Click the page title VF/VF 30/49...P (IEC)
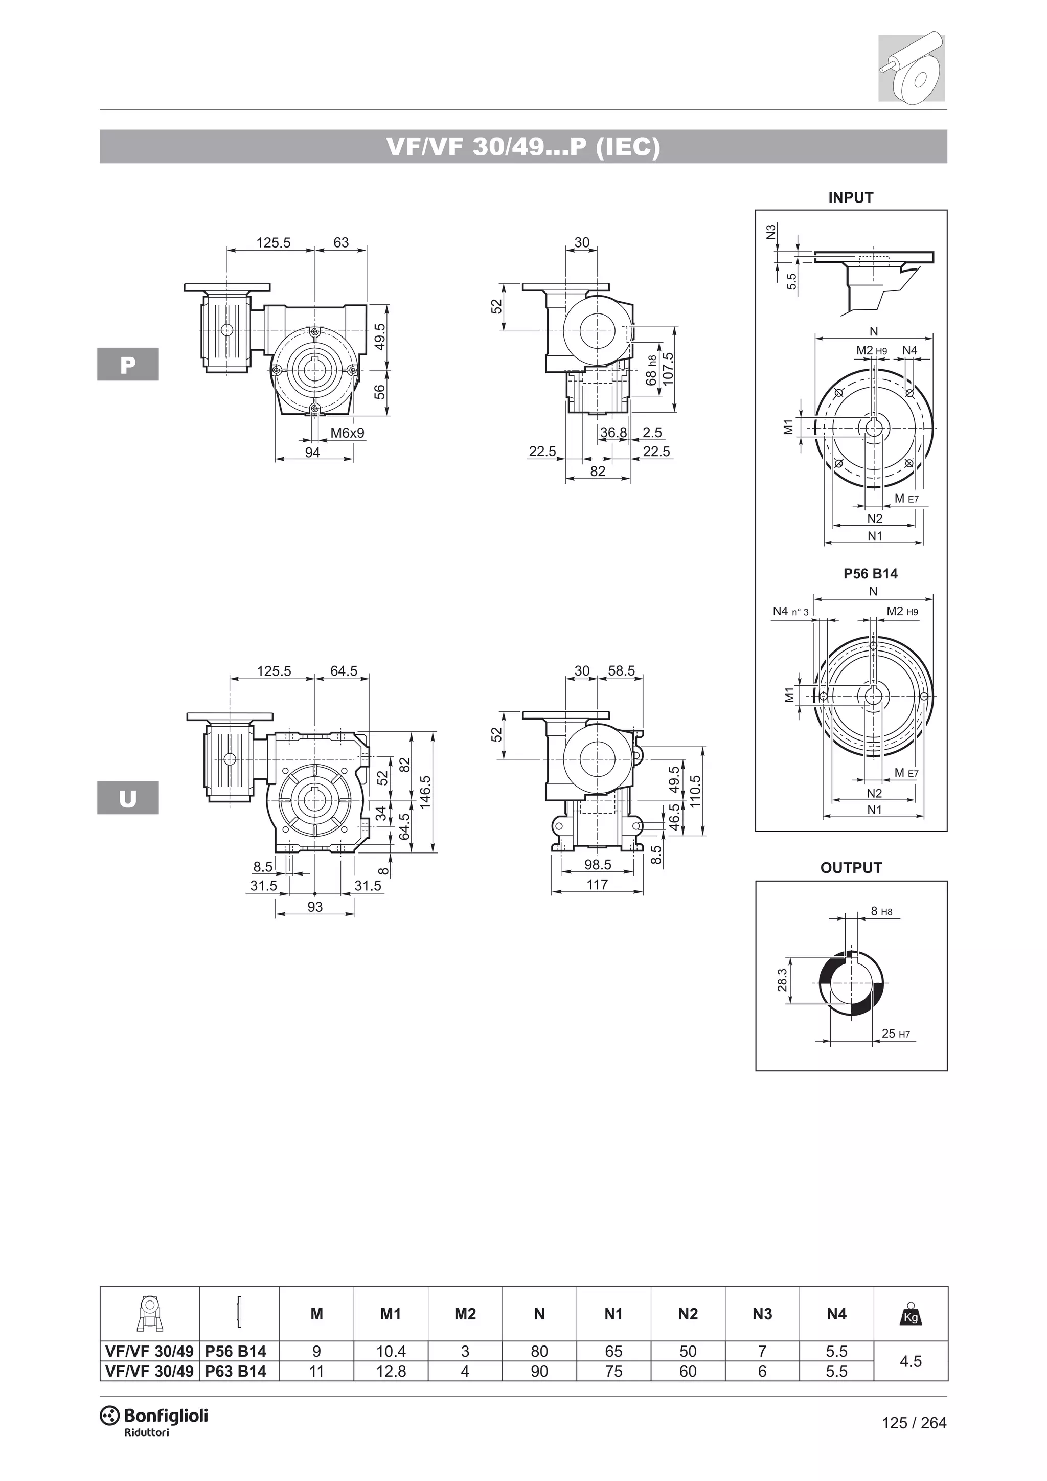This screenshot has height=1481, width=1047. pos(523,147)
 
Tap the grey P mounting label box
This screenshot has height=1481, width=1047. pos(128,365)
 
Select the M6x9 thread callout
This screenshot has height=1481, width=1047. pos(348,433)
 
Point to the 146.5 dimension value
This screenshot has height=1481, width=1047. pos(425,792)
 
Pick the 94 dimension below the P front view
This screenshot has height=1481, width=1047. pos(313,453)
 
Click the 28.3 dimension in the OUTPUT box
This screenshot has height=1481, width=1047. pos(782,980)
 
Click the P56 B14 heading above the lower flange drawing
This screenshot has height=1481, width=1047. pos(870,573)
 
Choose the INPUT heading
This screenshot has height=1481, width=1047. pos(850,198)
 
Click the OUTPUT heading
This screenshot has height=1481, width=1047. pos(850,868)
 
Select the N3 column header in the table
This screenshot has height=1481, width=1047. pos(762,1314)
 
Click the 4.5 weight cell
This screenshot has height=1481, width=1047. pos(911,1361)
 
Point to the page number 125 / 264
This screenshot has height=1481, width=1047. pos(914,1422)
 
